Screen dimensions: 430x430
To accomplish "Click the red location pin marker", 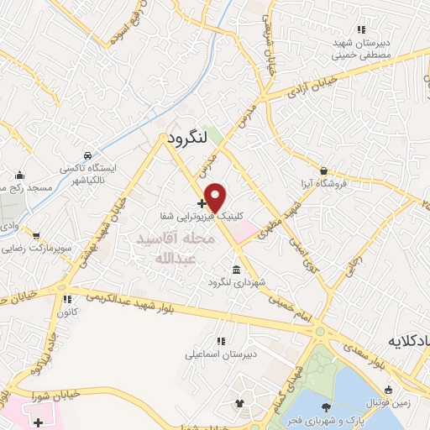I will (x=216, y=197).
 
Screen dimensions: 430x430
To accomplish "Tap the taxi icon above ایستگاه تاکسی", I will (x=89, y=155).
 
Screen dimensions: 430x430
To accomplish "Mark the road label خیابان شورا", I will (x=57, y=377).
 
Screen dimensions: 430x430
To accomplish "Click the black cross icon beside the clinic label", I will (x=201, y=202).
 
